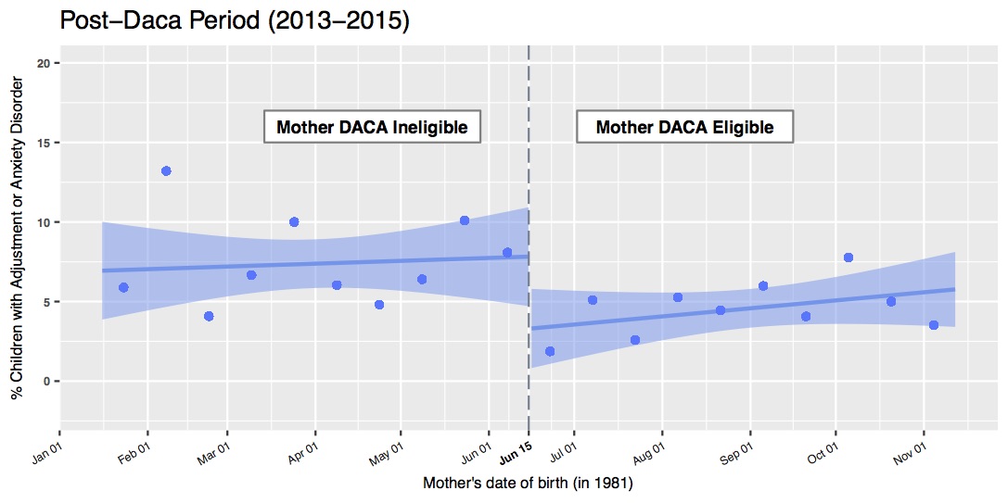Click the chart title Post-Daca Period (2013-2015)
235,20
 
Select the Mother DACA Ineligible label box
372,127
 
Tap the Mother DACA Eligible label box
684,127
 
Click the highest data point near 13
166,171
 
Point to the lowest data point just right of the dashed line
550,351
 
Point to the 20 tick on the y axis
42,63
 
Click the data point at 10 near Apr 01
294,222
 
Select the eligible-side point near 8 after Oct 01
848,258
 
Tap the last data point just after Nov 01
934,325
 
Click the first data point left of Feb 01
123,287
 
